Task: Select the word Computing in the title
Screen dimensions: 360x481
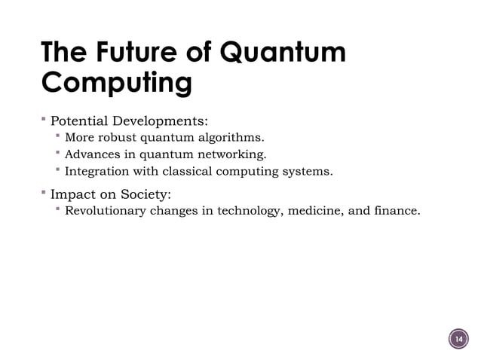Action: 115,82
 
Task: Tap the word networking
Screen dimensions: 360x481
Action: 231,155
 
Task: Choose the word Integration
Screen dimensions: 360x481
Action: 98,172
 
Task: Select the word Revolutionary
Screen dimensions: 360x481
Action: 106,210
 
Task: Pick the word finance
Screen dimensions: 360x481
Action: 397,210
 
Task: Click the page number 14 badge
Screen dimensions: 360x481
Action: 457,340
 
